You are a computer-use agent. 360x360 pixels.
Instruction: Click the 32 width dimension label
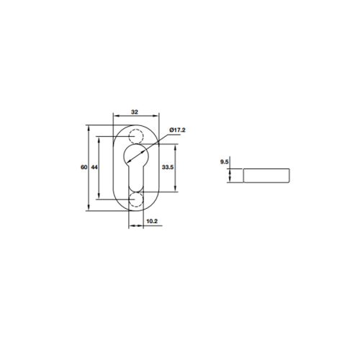click(135, 112)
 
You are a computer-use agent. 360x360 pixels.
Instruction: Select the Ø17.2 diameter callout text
click(177, 130)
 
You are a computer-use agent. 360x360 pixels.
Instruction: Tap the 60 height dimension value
click(84, 167)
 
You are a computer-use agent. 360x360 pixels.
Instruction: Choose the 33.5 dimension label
click(168, 167)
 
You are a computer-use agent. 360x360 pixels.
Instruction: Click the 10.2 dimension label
click(152, 221)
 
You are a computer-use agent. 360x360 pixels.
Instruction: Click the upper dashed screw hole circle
click(135, 137)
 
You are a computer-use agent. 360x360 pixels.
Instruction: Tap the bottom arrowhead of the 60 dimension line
click(89, 210)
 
